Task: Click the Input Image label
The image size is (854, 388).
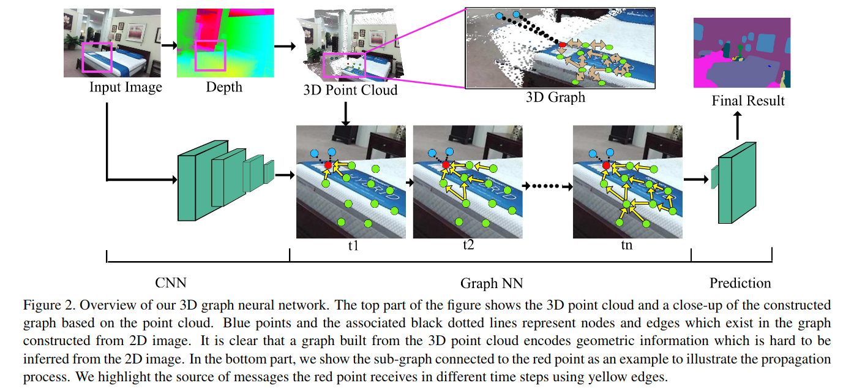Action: pos(125,87)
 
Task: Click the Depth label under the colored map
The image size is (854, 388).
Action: pos(224,87)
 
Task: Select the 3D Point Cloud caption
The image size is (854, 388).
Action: pos(350,90)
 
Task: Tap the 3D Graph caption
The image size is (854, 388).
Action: pos(555,97)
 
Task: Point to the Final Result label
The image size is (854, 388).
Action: pos(748,101)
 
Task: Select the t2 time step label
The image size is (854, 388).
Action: pos(468,246)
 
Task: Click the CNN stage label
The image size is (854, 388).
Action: pos(171,283)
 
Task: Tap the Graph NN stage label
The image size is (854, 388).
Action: pos(492,283)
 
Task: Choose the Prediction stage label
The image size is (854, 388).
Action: pos(740,283)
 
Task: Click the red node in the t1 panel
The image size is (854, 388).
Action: pos(328,165)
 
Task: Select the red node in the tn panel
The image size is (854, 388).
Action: pos(606,165)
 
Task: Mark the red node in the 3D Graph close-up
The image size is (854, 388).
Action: pos(563,45)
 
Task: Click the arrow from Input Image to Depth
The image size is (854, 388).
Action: pos(169,45)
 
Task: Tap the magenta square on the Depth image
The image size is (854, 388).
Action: pos(210,56)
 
